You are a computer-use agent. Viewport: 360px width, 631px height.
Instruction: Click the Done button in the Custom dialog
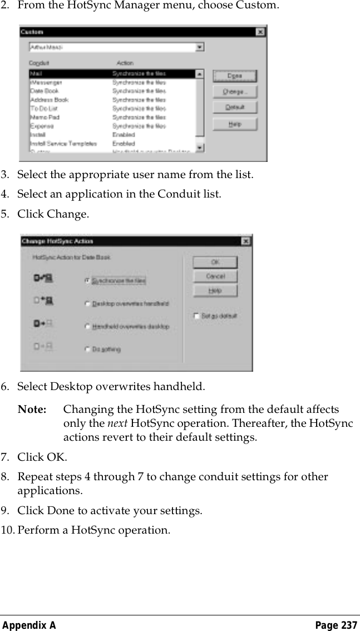[234, 76]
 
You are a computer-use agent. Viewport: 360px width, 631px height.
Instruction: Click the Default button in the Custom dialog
[234, 107]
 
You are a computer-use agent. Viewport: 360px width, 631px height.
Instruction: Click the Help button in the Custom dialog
[234, 124]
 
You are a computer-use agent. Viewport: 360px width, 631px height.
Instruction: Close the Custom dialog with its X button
[260, 32]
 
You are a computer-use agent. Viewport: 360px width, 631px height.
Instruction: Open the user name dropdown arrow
[200, 48]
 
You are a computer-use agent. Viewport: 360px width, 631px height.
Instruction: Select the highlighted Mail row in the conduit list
[111, 73]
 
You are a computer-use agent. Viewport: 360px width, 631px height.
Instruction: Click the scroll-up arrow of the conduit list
[200, 73]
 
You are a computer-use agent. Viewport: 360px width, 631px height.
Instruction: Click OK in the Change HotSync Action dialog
[215, 262]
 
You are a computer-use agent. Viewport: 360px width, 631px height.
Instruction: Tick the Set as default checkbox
[196, 316]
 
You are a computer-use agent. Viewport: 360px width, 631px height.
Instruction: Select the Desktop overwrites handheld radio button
[87, 304]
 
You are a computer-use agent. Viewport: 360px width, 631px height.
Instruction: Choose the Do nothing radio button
[87, 349]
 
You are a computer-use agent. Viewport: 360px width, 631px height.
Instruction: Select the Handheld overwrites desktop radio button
[87, 327]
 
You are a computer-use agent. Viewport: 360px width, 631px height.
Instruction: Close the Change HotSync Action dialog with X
[245, 241]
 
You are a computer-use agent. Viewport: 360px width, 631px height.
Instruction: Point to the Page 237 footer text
[336, 625]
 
